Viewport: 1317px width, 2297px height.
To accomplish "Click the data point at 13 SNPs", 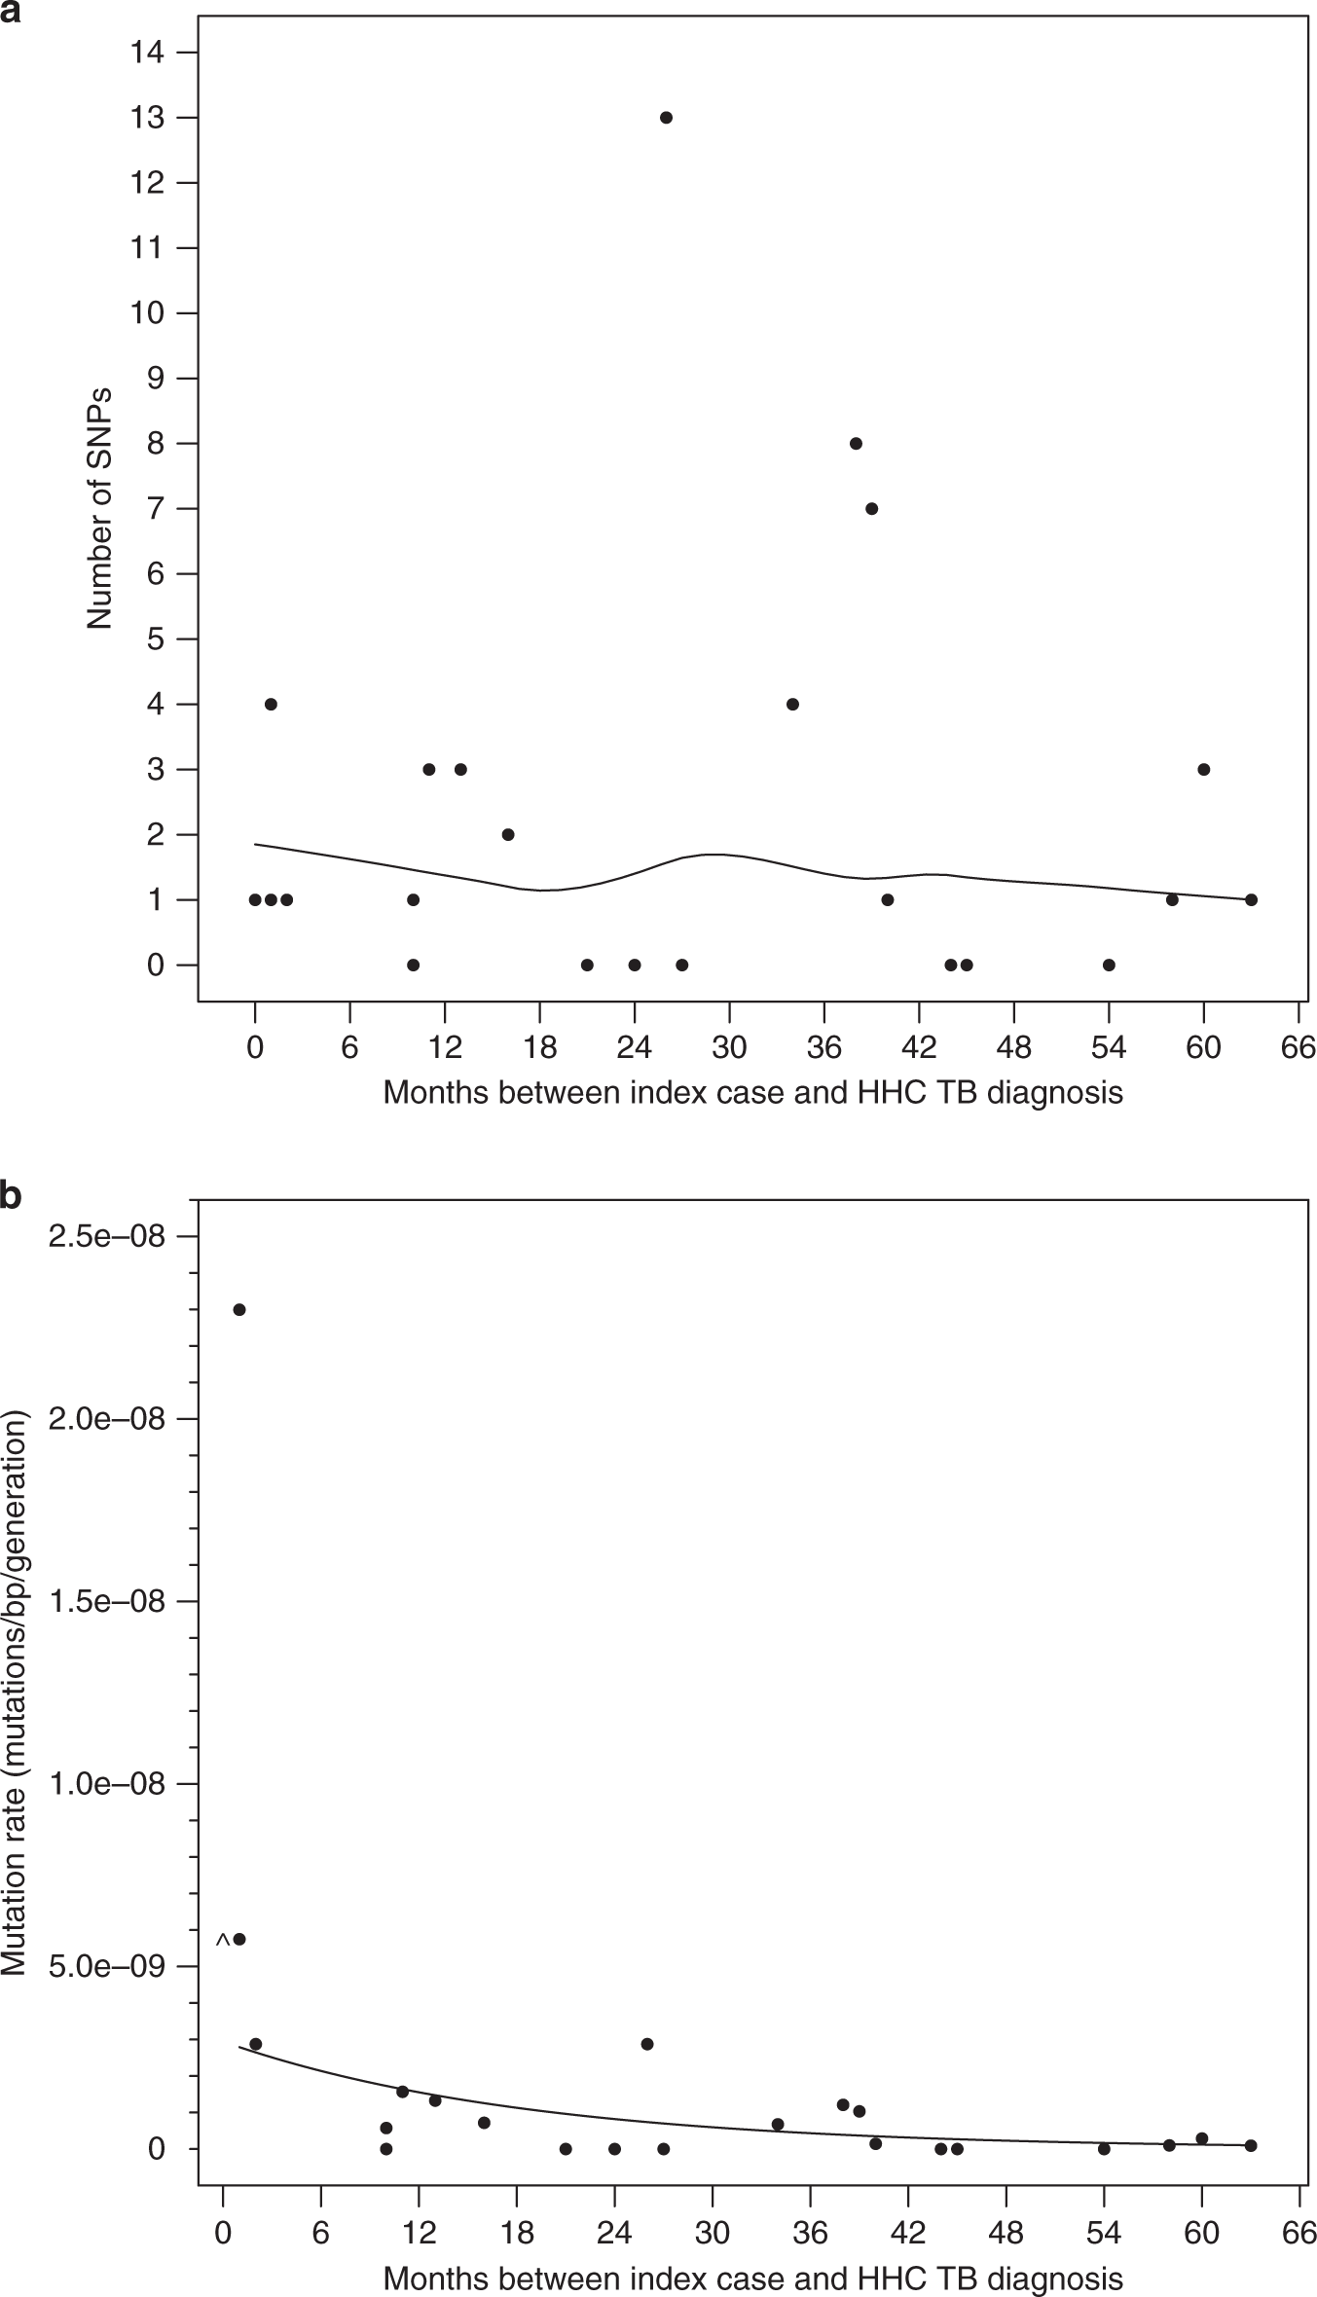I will (x=666, y=118).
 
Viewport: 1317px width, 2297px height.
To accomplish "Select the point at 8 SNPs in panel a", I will (x=856, y=444).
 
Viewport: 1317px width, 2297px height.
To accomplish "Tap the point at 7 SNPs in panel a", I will (x=872, y=509).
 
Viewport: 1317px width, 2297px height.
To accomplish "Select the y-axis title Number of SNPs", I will (x=99, y=508).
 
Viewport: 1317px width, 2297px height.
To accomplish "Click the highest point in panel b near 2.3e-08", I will (x=239, y=1310).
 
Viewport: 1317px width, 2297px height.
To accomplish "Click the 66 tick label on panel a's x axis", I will (x=1299, y=1048).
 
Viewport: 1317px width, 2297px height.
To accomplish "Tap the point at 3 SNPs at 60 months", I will (x=1204, y=770).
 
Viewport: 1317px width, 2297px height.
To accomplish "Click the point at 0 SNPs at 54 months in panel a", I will (x=1109, y=966).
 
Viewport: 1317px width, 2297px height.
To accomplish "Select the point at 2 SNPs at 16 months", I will (x=508, y=835).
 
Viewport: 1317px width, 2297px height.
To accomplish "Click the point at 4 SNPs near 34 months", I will (x=792, y=705).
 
